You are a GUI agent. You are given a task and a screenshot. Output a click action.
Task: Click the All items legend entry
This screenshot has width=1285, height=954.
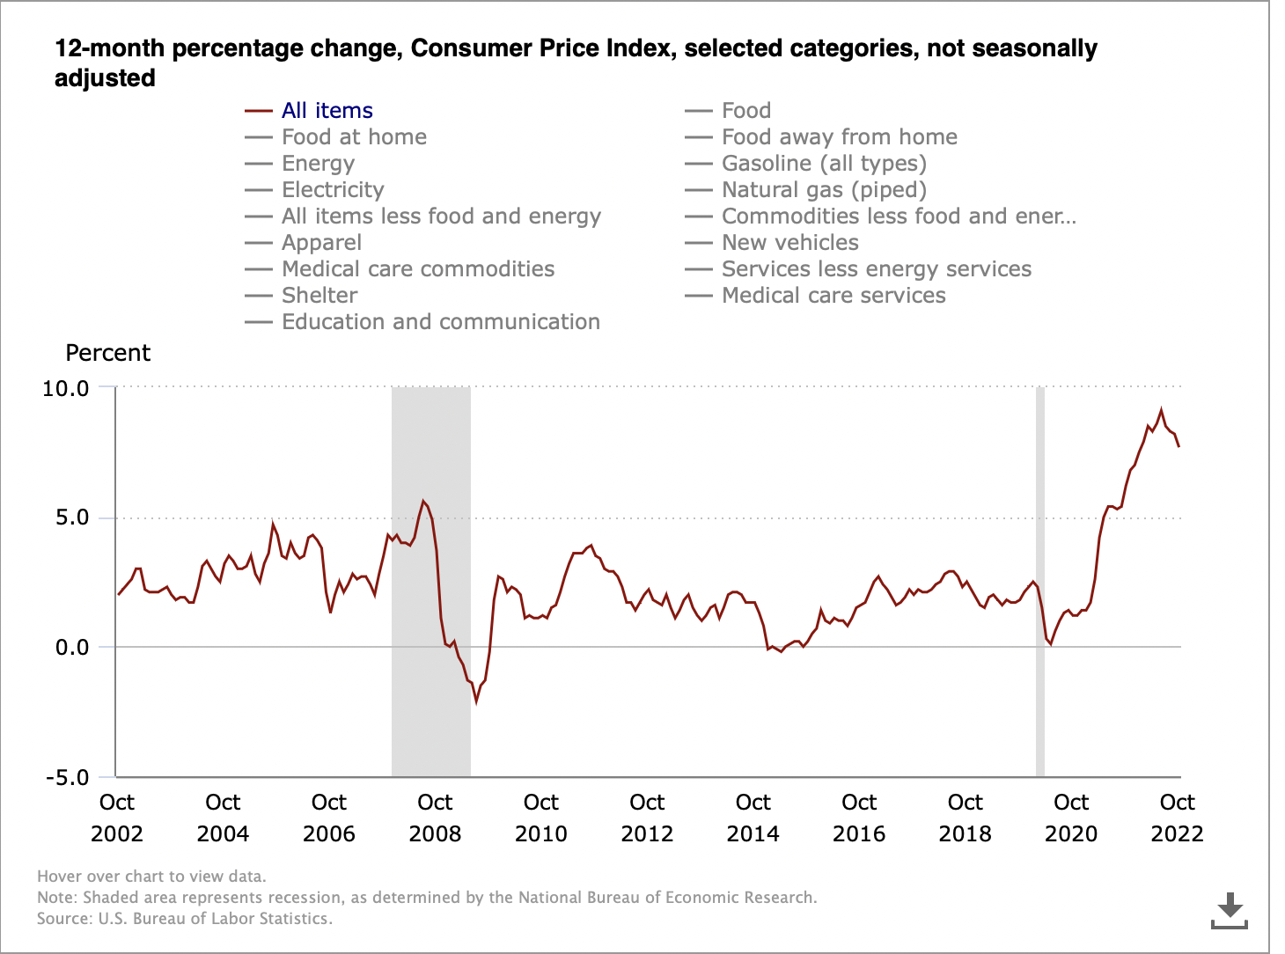click(327, 111)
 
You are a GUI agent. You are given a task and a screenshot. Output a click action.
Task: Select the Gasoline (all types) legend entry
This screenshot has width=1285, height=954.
click(823, 164)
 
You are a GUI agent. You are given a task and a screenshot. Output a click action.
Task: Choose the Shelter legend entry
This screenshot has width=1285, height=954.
click(319, 296)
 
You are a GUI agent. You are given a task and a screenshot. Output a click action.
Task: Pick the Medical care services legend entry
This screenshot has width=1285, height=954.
click(833, 296)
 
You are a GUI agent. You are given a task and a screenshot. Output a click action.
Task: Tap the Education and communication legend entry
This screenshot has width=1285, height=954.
click(440, 322)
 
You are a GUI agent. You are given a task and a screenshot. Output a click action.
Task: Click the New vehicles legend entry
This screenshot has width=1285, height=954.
click(789, 243)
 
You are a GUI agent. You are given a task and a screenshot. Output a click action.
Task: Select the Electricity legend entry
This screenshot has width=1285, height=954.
click(333, 190)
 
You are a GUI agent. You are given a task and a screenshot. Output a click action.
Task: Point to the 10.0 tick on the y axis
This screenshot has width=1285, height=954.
click(66, 388)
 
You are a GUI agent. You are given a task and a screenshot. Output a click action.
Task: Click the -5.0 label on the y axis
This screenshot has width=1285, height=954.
click(68, 778)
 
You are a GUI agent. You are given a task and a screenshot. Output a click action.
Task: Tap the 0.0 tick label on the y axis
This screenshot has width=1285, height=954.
click(72, 648)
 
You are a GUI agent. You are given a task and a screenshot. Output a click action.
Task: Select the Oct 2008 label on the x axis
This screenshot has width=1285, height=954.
click(435, 818)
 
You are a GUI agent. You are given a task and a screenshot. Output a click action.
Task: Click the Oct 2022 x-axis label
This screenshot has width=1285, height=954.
click(1177, 818)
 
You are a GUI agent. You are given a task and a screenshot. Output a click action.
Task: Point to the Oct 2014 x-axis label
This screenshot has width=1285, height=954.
click(753, 818)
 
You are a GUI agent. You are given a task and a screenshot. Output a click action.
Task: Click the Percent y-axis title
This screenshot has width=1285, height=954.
click(108, 353)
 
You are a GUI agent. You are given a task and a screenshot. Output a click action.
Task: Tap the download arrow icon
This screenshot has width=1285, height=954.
click(1230, 910)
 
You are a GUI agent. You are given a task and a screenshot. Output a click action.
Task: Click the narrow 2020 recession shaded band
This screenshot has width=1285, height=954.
click(1040, 581)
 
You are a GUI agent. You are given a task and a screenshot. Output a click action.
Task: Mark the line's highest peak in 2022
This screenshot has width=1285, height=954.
click(1161, 410)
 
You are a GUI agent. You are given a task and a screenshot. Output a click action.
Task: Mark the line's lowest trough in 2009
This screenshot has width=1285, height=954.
click(476, 701)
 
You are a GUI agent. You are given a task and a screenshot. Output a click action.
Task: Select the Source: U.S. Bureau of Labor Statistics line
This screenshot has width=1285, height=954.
click(185, 919)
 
